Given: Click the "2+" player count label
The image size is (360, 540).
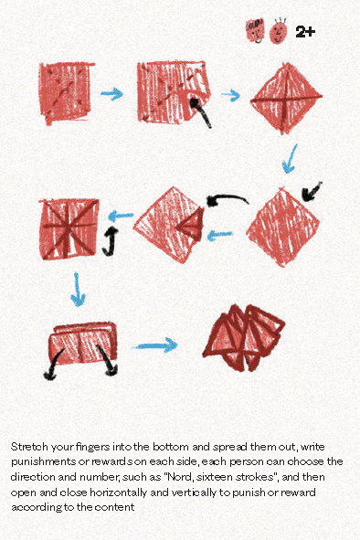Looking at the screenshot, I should pyautogui.click(x=305, y=32).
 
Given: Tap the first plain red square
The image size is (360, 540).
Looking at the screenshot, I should pyautogui.click(x=67, y=93).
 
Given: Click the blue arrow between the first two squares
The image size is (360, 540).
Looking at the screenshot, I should pyautogui.click(x=111, y=93).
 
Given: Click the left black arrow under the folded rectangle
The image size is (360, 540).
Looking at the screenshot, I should pyautogui.click(x=48, y=368).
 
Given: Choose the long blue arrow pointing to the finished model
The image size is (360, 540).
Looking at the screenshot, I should pyautogui.click(x=155, y=345).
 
